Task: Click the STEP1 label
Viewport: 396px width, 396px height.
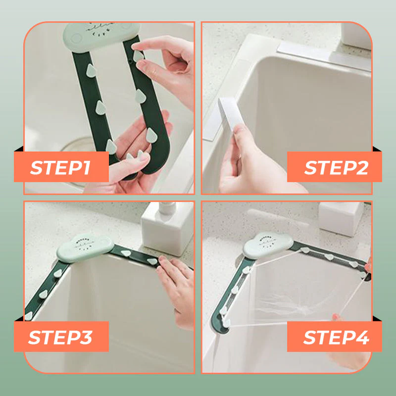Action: pos(60,167)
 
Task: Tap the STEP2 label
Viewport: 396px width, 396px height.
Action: pos(335,167)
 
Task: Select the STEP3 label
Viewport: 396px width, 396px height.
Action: pos(60,337)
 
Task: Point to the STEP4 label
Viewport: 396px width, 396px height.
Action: pos(335,337)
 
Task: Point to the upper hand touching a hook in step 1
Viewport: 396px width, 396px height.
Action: pos(163,59)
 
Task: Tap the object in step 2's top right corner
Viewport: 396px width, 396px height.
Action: pos(356,35)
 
